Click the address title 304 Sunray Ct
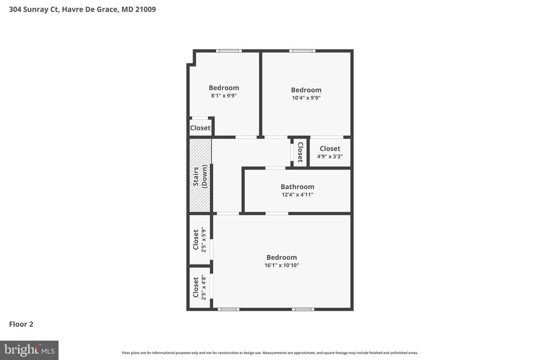[x=82, y=9]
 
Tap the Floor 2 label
[x=21, y=324]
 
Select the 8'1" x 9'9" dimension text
[x=224, y=96]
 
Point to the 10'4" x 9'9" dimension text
[x=306, y=98]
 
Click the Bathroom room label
[x=297, y=187]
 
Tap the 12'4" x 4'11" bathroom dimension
[x=297, y=194]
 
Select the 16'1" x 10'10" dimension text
[x=282, y=265]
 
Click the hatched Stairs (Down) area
[x=200, y=176]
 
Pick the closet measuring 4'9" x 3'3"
[x=330, y=152]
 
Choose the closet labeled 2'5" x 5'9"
[x=199, y=239]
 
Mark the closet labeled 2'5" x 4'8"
[x=199, y=288]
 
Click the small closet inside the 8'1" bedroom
[x=200, y=128]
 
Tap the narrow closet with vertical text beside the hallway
[x=300, y=152]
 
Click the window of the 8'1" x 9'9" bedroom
[x=229, y=51]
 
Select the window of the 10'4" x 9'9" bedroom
[x=302, y=51]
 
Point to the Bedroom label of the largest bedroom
[x=282, y=257]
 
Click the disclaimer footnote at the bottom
[x=269, y=353]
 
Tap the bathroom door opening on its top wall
[x=275, y=168]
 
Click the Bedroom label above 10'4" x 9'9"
[x=306, y=90]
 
